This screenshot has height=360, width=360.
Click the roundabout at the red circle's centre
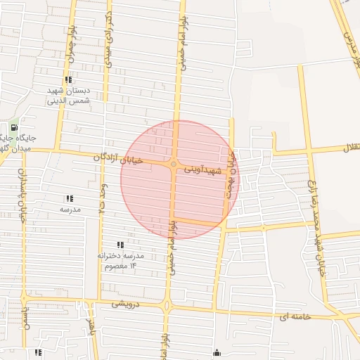click(x=174, y=165)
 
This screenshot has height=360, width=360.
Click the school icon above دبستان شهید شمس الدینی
click(x=68, y=79)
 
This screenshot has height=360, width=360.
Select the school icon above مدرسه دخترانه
click(x=120, y=245)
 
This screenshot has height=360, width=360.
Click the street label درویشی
click(x=127, y=304)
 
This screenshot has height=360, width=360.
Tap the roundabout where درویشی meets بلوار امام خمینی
click(x=167, y=305)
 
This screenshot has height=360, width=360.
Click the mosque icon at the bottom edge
click(x=216, y=353)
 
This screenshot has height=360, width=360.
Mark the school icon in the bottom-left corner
click(x=38, y=352)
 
